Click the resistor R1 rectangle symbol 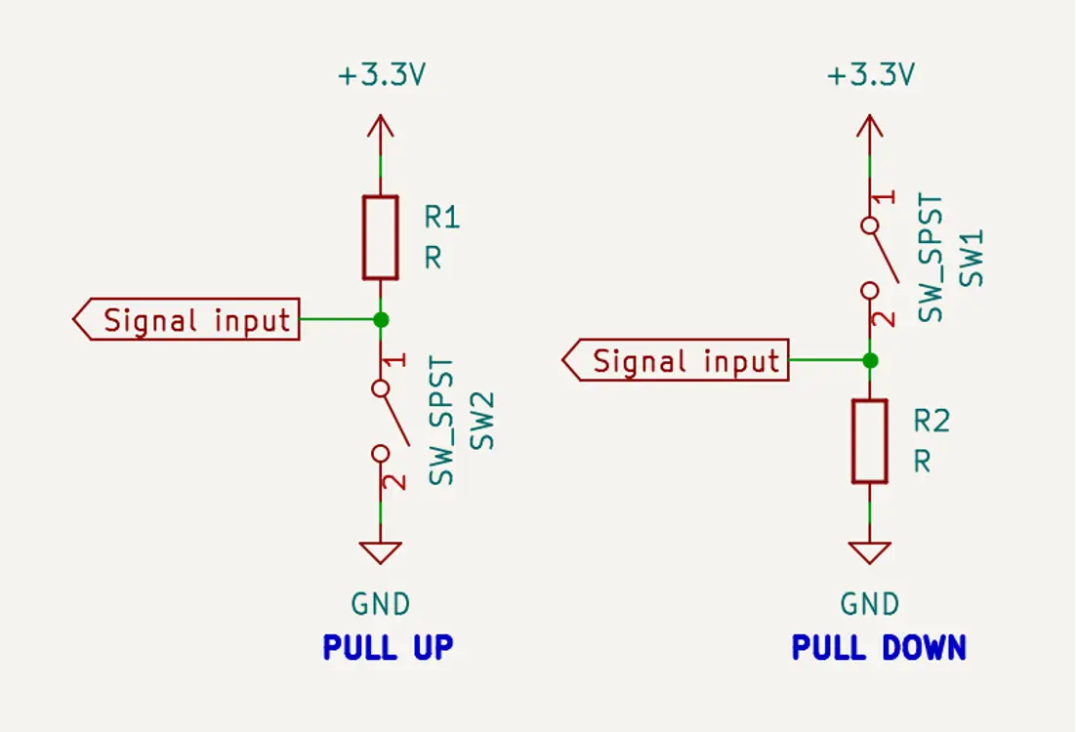(380, 237)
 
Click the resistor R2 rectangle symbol (869, 441)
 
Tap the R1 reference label (441, 217)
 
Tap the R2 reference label (931, 421)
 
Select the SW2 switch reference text (483, 421)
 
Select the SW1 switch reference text (973, 259)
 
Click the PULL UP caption (388, 647)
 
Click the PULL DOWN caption (879, 647)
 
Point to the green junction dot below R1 (381, 319)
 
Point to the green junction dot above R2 (870, 360)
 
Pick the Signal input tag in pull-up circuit (186, 320)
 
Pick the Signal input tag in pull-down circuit (676, 361)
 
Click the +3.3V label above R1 (381, 76)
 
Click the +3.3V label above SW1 (870, 76)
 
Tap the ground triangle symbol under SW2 (381, 552)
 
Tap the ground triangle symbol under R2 (870, 552)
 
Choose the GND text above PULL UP (381, 604)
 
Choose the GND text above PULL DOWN (870, 604)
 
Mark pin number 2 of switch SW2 (396, 481)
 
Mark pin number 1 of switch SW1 (885, 198)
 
